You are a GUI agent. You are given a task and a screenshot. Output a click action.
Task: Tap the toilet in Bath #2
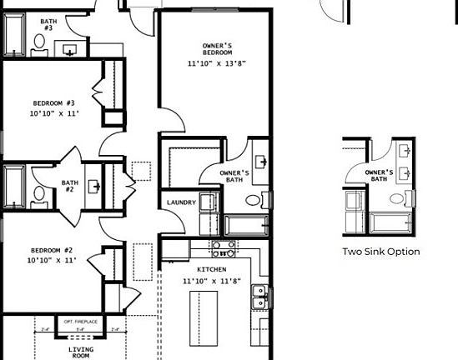pyautogui.click(x=38, y=196)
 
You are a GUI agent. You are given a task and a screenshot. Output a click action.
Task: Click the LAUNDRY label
pyautogui.click(x=181, y=202)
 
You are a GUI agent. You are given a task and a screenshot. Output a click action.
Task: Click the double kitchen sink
pyautogui.click(x=260, y=297)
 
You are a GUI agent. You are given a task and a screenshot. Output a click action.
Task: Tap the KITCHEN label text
pyautogui.click(x=212, y=270)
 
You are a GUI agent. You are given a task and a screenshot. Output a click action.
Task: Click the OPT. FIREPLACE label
pyautogui.click(x=80, y=322)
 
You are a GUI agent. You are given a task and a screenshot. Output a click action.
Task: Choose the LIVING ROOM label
pyautogui.click(x=80, y=352)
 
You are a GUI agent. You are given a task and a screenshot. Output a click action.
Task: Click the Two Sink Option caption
pyautogui.click(x=380, y=252)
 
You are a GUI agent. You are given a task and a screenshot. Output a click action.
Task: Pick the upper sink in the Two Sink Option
pyautogui.click(x=406, y=152)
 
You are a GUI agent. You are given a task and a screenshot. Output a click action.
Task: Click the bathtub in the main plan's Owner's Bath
pyautogui.click(x=246, y=225)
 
